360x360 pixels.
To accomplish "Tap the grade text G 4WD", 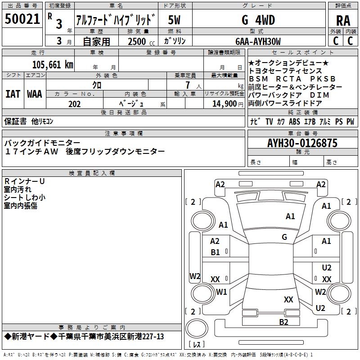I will (258, 20).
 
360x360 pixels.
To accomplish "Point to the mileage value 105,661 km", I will (52, 64).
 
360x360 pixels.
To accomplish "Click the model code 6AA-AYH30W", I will (258, 42).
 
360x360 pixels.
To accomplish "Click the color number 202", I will (75, 104).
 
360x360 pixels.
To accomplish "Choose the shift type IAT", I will (13, 94).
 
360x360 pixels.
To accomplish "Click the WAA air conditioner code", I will (35, 94).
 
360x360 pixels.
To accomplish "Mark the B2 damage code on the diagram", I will (283, 321).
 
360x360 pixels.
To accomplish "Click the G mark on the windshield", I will (284, 237).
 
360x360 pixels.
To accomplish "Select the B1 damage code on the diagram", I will (216, 252).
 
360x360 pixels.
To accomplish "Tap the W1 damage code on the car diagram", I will (221, 292).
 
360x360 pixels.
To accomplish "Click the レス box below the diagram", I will (197, 345).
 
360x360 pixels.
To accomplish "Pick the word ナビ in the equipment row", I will (255, 121).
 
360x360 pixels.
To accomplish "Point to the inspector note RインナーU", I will (24, 181).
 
